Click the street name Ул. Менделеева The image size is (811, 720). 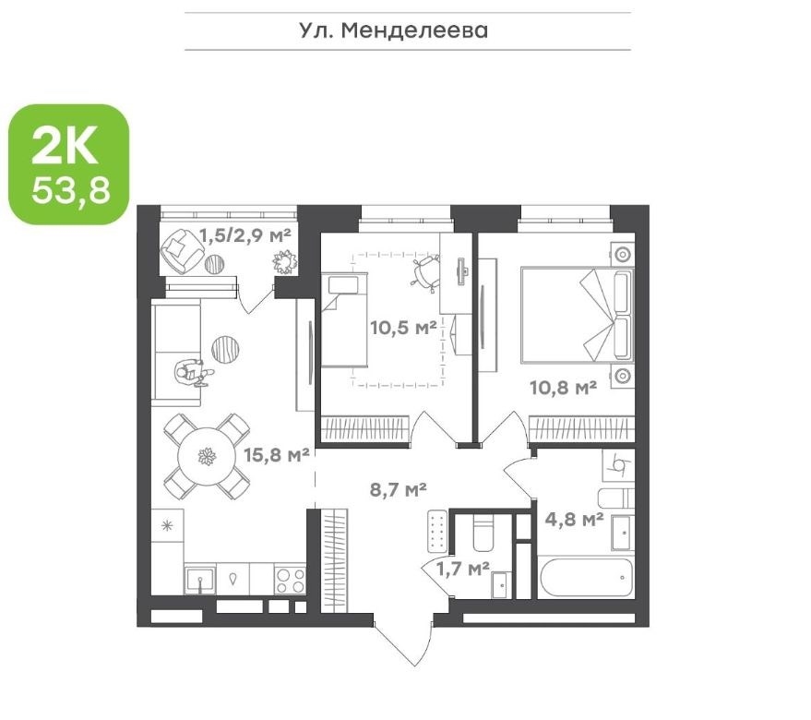pyautogui.click(x=394, y=30)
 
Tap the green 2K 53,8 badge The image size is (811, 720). pyautogui.click(x=69, y=164)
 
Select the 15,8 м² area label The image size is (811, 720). pyautogui.click(x=277, y=455)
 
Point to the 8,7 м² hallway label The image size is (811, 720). pyautogui.click(x=399, y=489)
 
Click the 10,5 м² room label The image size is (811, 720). pyautogui.click(x=404, y=328)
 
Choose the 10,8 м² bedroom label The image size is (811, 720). pyautogui.click(x=563, y=387)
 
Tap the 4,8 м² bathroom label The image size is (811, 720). pyautogui.click(x=575, y=519)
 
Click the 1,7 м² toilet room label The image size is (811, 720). pyautogui.click(x=463, y=570)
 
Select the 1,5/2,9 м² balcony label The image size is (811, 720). pyautogui.click(x=245, y=235)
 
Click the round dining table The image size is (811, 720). pyautogui.click(x=207, y=457)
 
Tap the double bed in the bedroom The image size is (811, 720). pyautogui.click(x=578, y=314)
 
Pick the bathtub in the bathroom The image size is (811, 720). pyautogui.click(x=586, y=578)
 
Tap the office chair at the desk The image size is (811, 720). pyautogui.click(x=425, y=273)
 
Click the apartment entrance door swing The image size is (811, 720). pyautogui.click(x=402, y=641)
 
